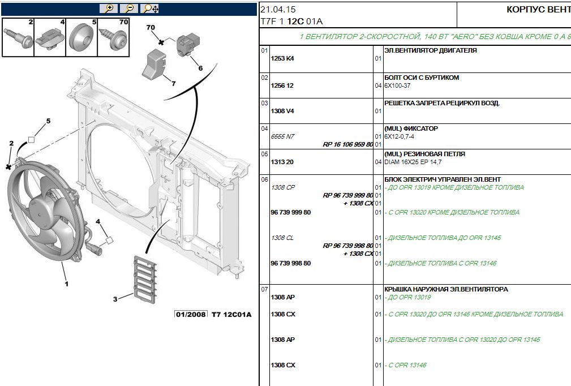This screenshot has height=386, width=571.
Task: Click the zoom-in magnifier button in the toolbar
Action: (x=108, y=8)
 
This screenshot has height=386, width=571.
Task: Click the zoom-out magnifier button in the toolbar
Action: (x=128, y=8)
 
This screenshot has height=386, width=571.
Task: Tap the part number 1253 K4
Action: (x=282, y=58)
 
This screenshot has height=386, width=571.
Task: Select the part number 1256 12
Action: (x=282, y=85)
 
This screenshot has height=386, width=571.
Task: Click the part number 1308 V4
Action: (x=282, y=111)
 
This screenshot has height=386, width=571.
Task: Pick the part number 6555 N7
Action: (x=282, y=136)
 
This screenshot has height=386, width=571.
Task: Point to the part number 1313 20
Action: (x=282, y=162)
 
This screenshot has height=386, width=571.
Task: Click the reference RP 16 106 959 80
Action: (x=347, y=144)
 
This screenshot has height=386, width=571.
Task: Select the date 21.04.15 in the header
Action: (x=278, y=10)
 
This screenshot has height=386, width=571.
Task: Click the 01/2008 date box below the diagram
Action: (x=191, y=315)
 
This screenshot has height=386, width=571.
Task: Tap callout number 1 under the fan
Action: (x=66, y=284)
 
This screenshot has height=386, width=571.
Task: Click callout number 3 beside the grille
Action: (x=115, y=298)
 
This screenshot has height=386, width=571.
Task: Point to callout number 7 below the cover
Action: (x=173, y=84)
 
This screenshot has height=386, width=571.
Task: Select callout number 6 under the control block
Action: (x=200, y=68)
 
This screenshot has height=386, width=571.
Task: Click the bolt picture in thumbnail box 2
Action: (x=18, y=38)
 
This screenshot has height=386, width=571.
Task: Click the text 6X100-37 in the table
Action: (x=397, y=85)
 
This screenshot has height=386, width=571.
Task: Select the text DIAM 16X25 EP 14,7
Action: (x=413, y=162)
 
